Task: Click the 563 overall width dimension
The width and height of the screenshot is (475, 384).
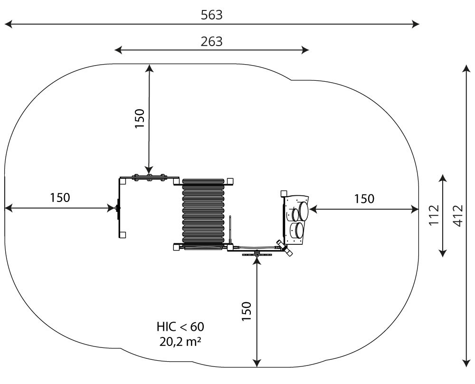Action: [211, 15]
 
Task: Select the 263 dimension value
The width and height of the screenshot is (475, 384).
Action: [211, 41]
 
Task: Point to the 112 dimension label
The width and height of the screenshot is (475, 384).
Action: [434, 215]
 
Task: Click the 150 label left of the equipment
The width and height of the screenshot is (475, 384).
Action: [60, 198]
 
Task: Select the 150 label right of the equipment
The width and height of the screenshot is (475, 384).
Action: [364, 199]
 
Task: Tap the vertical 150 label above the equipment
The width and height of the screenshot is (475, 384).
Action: [140, 119]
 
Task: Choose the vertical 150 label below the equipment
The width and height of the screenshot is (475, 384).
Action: [247, 311]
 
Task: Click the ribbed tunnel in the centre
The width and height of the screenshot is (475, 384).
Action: [203, 213]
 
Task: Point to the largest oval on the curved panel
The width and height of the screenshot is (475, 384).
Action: [303, 211]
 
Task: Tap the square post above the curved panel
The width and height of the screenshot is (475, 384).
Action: [284, 193]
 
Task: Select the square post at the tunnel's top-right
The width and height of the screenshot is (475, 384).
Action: [230, 181]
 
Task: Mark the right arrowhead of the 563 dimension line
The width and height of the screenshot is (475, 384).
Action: [417, 24]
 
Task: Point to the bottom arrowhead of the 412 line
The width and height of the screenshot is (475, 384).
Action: [466, 364]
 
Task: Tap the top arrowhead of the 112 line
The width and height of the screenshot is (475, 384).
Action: [443, 178]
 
